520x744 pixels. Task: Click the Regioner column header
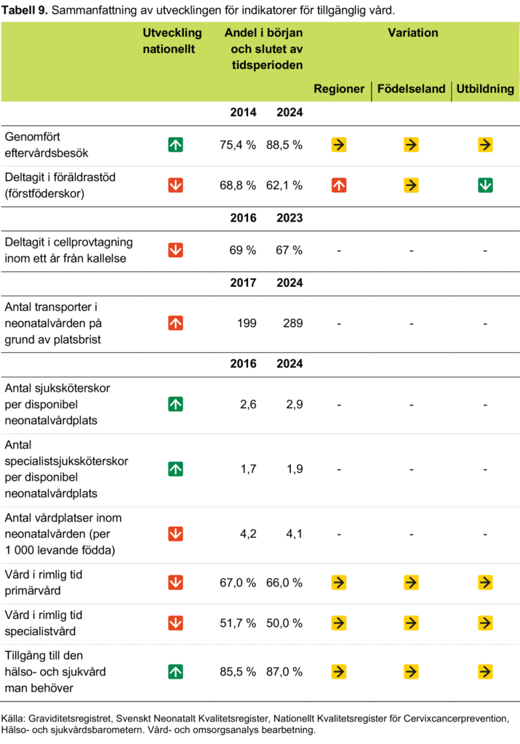339,89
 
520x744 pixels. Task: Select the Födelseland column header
411,89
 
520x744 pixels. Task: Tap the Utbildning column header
485,89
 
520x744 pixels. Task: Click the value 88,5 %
284,145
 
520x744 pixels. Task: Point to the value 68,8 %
237,185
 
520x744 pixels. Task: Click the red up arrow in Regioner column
339,185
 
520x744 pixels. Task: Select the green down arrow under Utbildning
485,185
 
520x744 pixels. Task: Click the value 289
292,323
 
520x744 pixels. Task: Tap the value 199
247,323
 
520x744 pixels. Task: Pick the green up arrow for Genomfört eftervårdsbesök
176,145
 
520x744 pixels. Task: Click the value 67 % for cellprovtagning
289,250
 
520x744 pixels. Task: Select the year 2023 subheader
289,218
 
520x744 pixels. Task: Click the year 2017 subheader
243,283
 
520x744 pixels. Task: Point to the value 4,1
295,534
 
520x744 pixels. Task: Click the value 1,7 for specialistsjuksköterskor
249,469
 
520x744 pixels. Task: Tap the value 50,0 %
284,623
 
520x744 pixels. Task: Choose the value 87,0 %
284,672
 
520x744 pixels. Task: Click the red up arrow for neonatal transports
176,323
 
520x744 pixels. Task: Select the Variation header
412,33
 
